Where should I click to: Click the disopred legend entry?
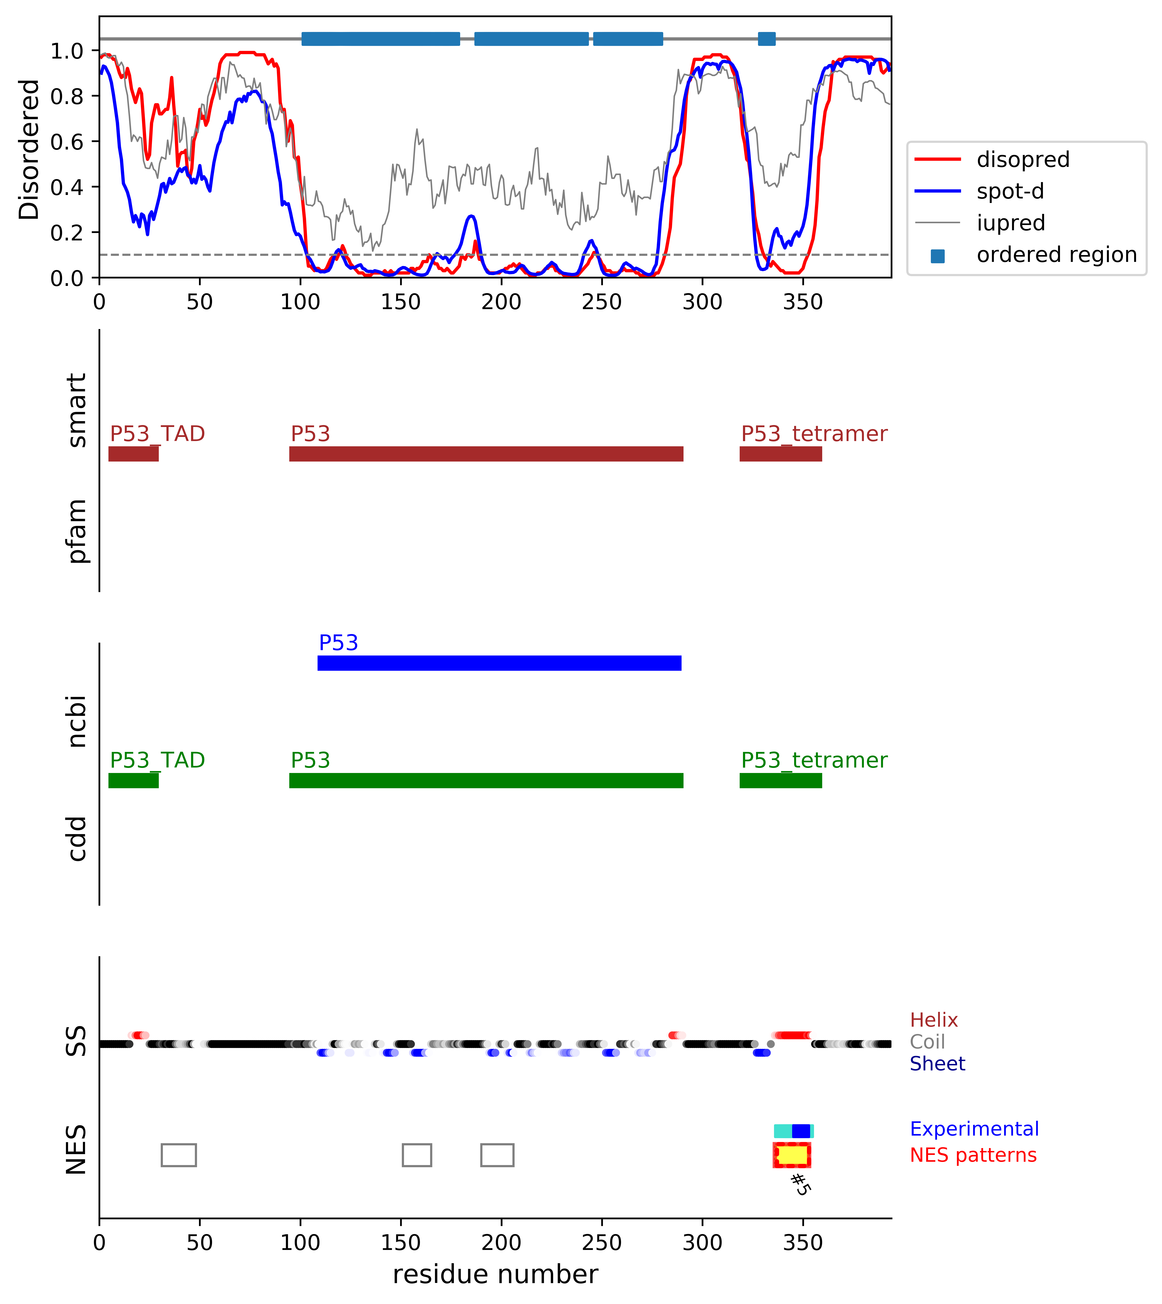1023,160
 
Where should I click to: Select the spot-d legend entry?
1010,191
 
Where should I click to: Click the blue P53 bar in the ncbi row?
499,663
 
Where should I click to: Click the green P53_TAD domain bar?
133,780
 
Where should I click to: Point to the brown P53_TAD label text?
157,434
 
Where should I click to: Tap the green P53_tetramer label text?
814,761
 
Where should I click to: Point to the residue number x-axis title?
495,1275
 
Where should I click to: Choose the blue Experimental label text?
974,1129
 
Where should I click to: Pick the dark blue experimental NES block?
801,1131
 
